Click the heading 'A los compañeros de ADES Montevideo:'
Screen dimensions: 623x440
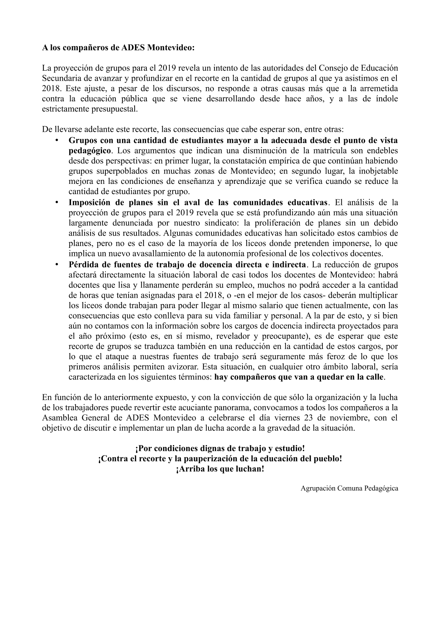pyautogui.click(x=118, y=48)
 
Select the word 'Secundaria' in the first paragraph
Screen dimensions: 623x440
pyautogui.click(x=60, y=78)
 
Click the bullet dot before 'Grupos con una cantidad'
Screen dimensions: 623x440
pyautogui.click(x=57, y=140)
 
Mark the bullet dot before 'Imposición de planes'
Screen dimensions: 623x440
pyautogui.click(x=57, y=202)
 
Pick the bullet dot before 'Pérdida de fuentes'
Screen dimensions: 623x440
pyautogui.click(x=57, y=265)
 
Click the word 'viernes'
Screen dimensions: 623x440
pyautogui.click(x=287, y=418)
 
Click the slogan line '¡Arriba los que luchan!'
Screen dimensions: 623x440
pyautogui.click(x=220, y=469)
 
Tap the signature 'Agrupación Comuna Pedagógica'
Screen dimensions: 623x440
pyautogui.click(x=349, y=488)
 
